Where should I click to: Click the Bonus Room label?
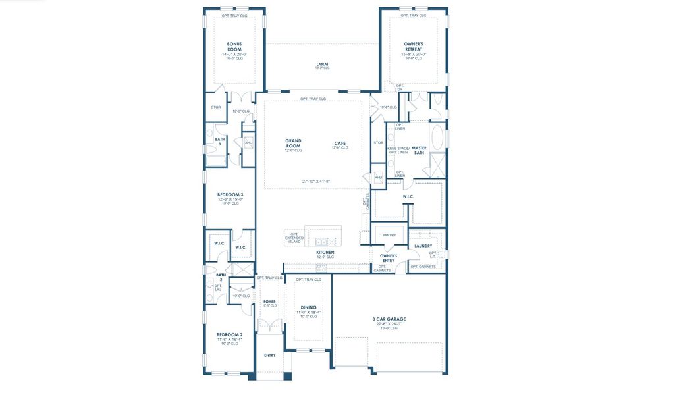tap(234, 47)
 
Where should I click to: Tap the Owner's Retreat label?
tap(414, 47)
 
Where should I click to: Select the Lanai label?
tap(322, 65)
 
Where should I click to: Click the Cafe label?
tap(340, 143)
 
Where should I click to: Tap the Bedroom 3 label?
tap(230, 195)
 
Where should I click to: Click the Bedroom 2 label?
tap(229, 334)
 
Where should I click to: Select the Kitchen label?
tap(325, 253)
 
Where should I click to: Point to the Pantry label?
tap(389, 235)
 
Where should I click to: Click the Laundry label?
tap(423, 246)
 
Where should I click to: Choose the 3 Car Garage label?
tap(389, 319)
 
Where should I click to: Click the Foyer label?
tap(269, 302)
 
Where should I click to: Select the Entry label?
tap(270, 355)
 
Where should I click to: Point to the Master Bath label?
tap(420, 151)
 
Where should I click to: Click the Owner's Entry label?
tap(389, 258)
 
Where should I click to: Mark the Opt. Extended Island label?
tap(294, 238)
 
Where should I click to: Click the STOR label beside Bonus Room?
tap(215, 107)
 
